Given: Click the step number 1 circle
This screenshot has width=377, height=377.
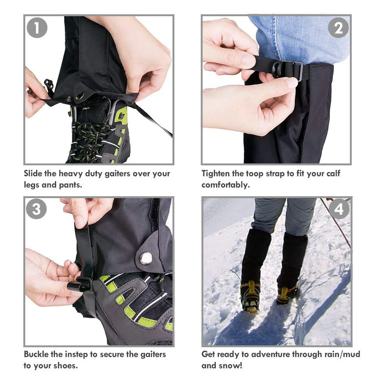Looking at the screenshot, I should [37, 27].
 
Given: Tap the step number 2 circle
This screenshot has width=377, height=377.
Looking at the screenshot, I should [338, 27].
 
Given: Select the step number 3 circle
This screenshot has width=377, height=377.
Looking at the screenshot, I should [37, 209].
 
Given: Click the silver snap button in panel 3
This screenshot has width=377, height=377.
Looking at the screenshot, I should [146, 258].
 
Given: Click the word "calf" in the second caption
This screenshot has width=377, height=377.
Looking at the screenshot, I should [332, 174].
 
